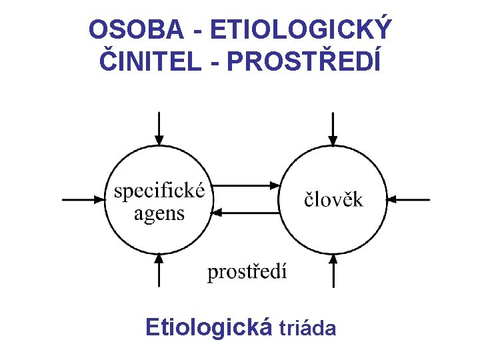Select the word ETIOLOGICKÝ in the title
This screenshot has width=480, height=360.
300,31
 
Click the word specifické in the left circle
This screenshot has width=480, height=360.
159,191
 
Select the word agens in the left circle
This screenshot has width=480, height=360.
159,214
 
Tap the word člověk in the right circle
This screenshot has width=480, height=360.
334,199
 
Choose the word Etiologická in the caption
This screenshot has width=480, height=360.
209,327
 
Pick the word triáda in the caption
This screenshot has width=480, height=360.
307,329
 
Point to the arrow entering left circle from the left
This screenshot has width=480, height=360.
83,199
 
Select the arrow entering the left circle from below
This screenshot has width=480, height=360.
159,269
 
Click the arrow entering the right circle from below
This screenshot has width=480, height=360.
333,269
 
